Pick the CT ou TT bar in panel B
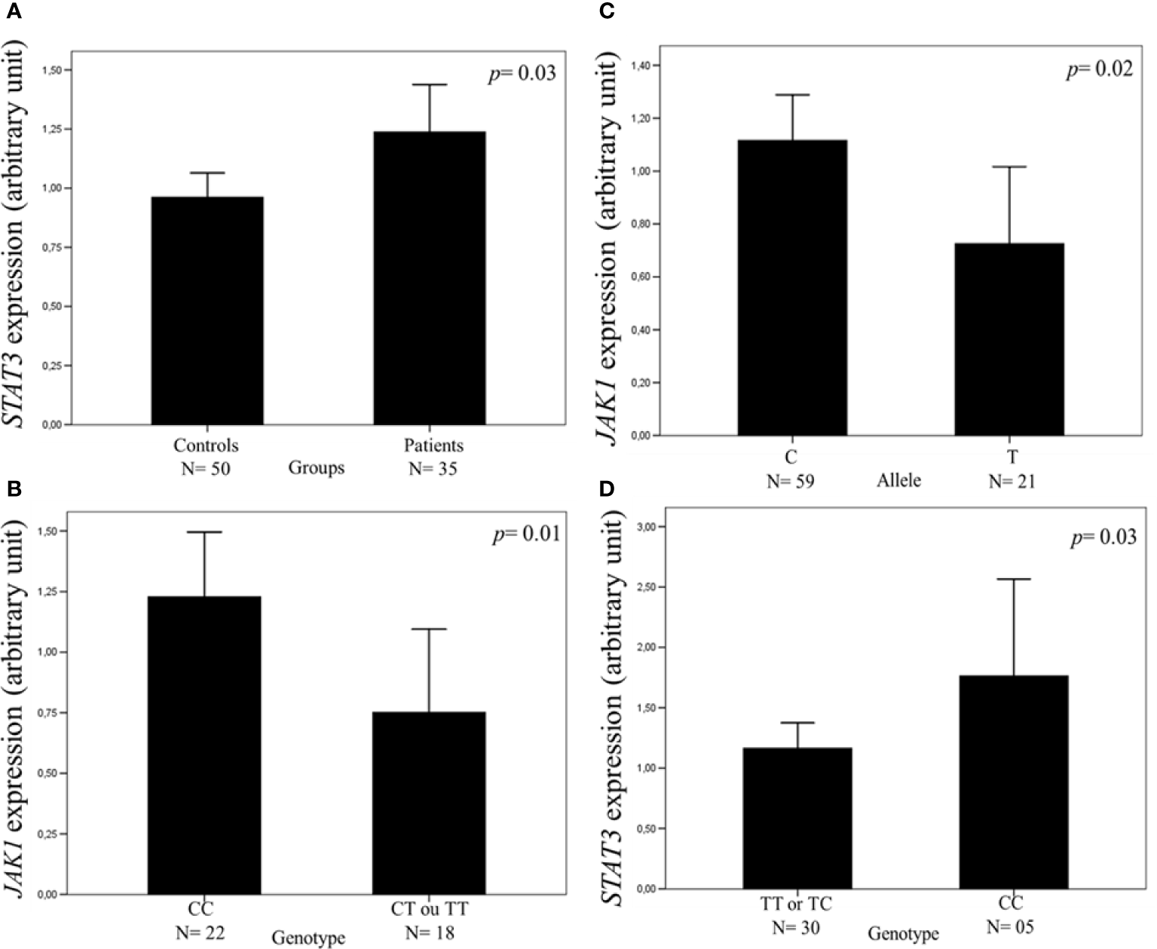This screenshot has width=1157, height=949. click(x=430, y=802)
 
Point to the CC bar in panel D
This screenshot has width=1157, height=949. click(x=1013, y=782)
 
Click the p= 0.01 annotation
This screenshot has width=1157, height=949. click(x=526, y=534)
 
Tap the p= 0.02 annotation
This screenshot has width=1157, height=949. click(x=1098, y=70)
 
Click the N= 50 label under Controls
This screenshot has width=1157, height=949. click(x=205, y=469)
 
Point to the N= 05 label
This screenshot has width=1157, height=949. click(x=1013, y=926)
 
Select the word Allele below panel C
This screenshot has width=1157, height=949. click(x=898, y=479)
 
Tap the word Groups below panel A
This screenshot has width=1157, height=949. click(x=317, y=468)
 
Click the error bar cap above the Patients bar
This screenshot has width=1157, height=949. click(x=430, y=84)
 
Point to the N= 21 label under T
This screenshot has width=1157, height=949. click(x=1012, y=481)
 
